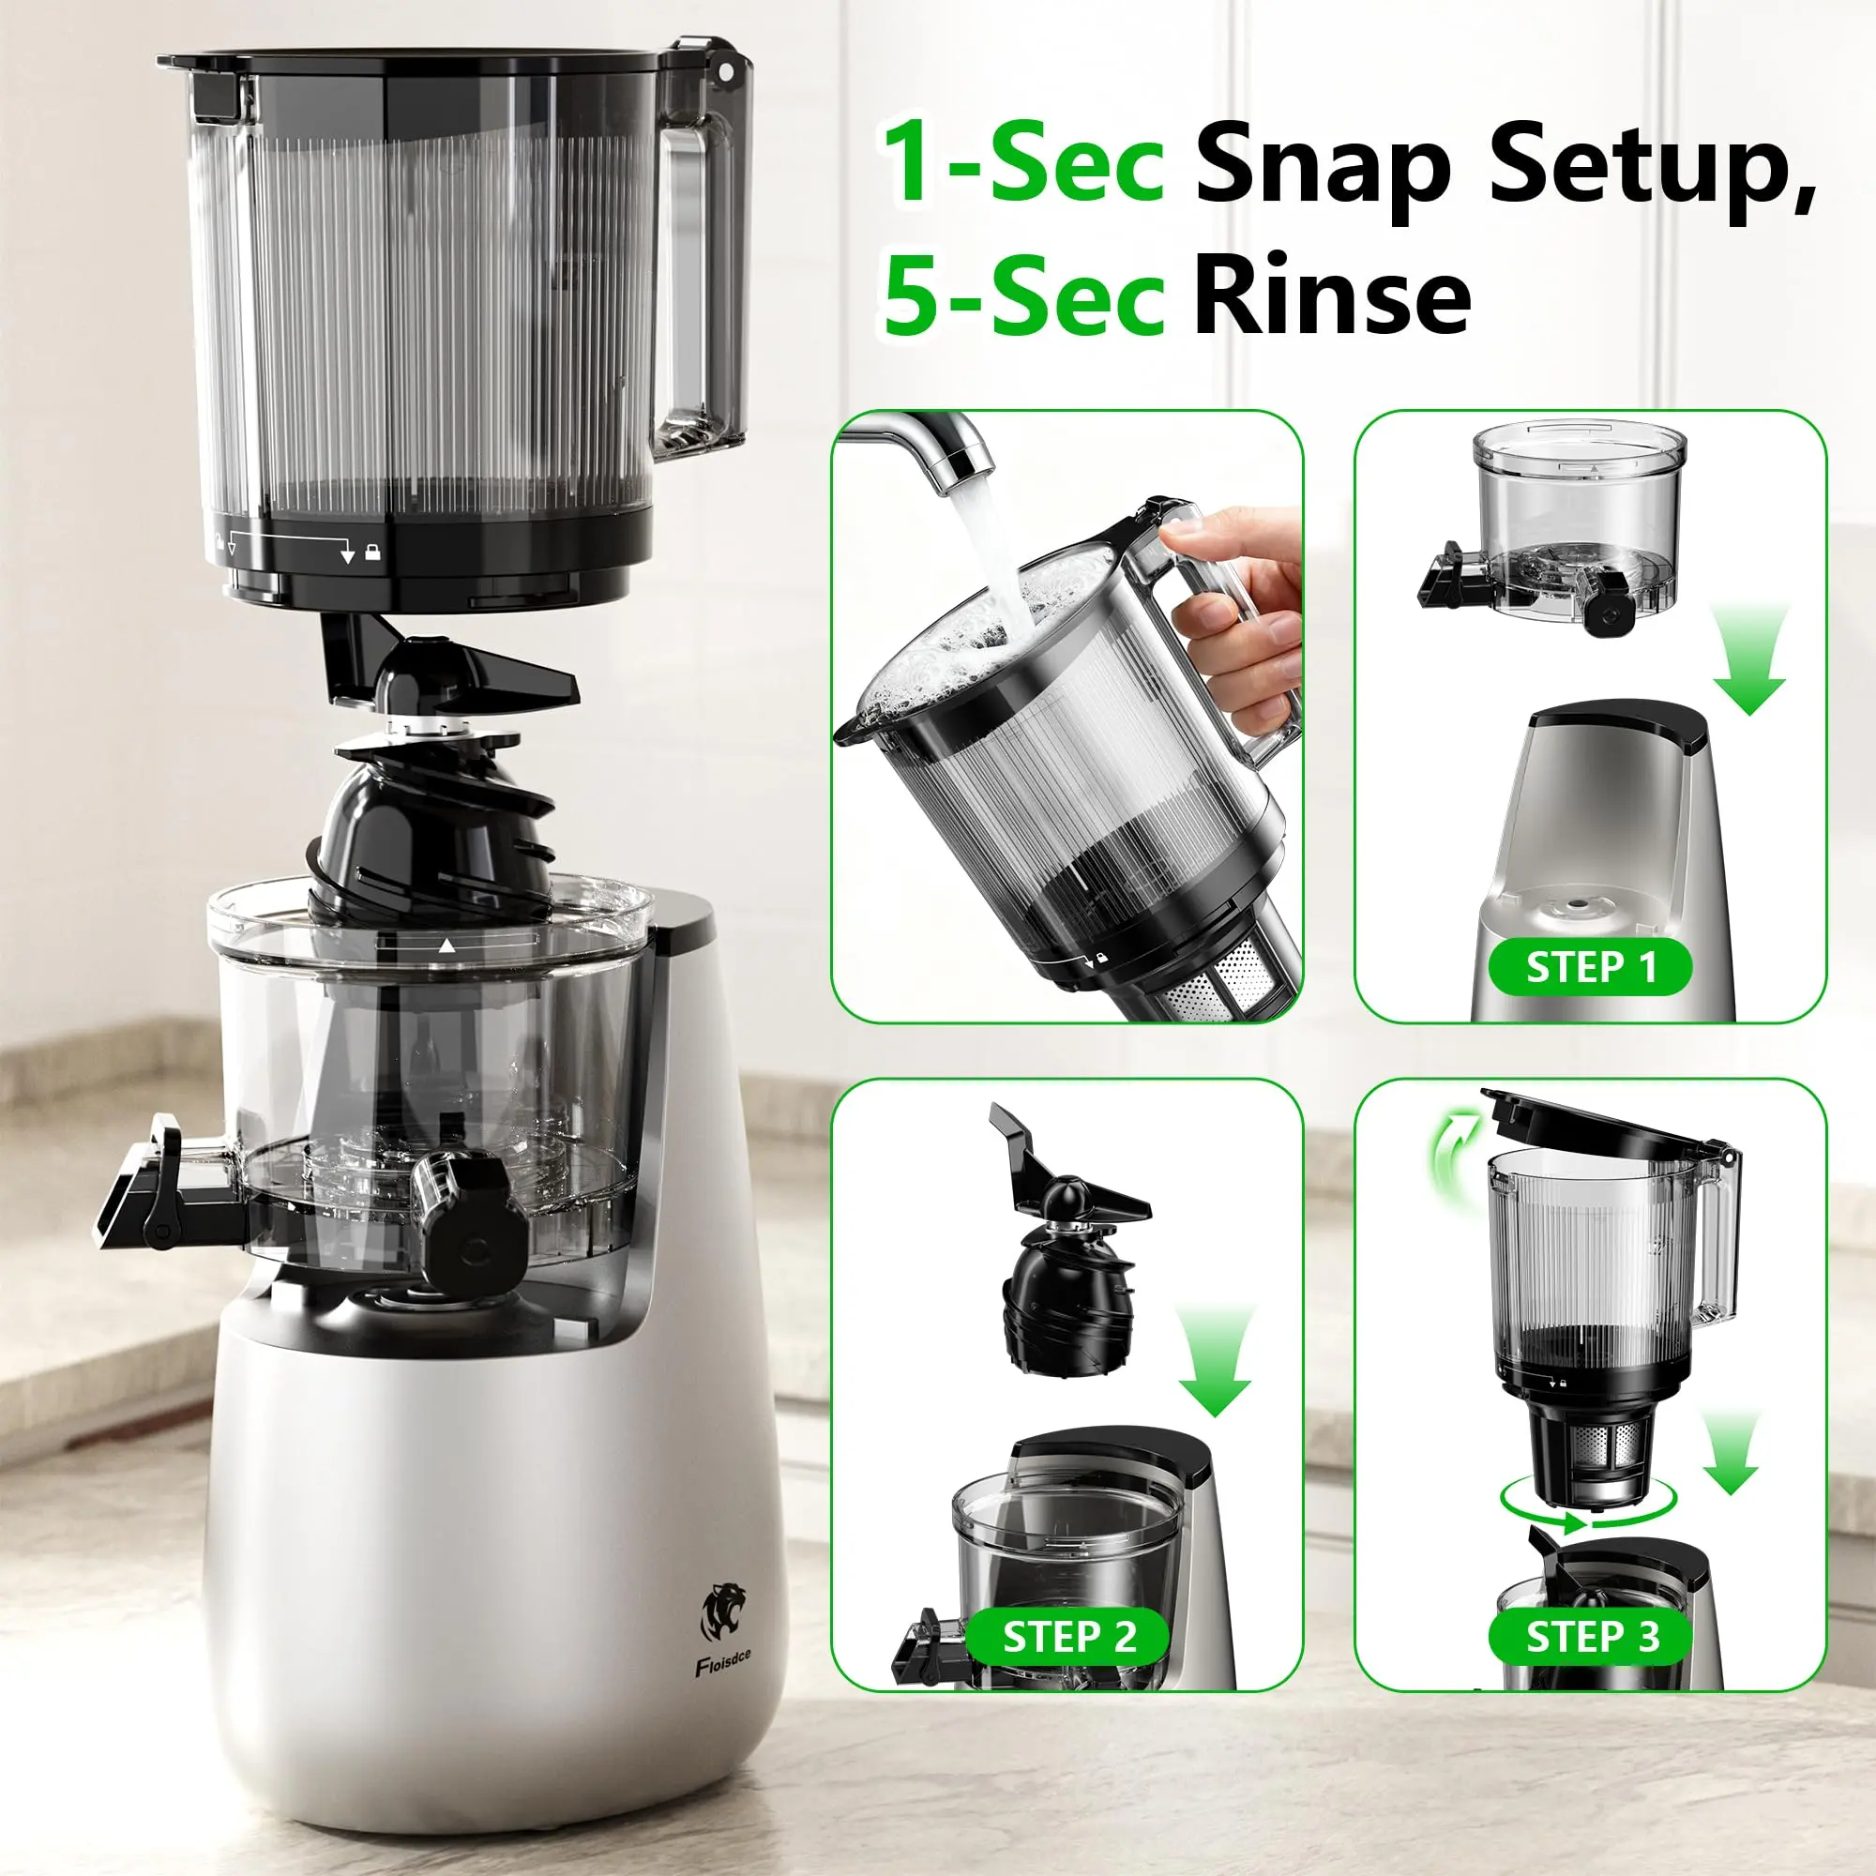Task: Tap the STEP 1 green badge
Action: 1591,967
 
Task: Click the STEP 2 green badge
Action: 1069,1637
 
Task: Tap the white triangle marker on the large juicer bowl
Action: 446,945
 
